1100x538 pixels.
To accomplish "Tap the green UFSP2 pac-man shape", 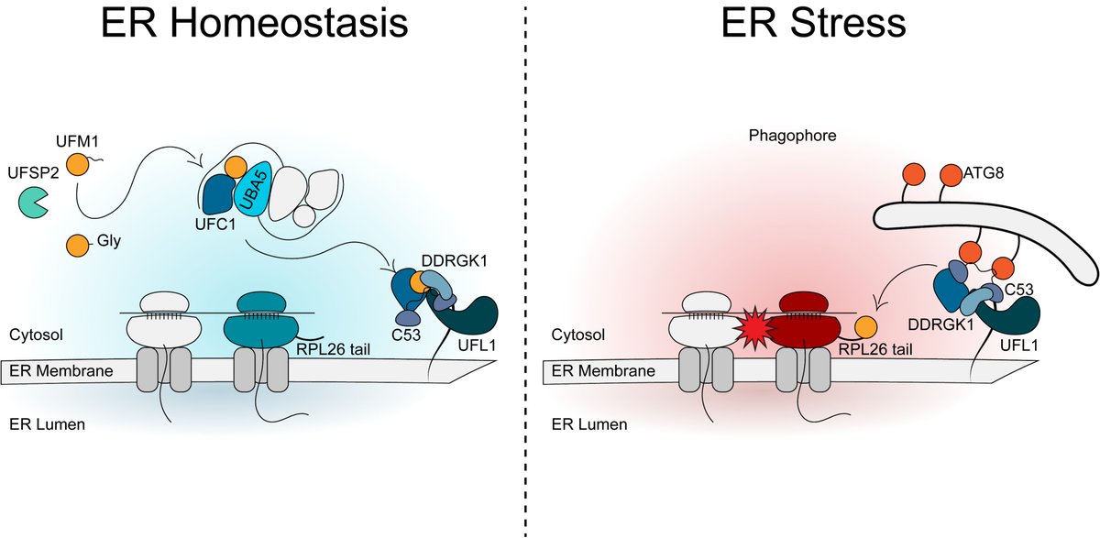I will click(36, 204).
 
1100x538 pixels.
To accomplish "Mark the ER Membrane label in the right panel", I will click(601, 372).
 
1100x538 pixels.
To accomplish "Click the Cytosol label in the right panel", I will click(577, 335).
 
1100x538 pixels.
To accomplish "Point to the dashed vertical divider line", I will click(526, 275).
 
